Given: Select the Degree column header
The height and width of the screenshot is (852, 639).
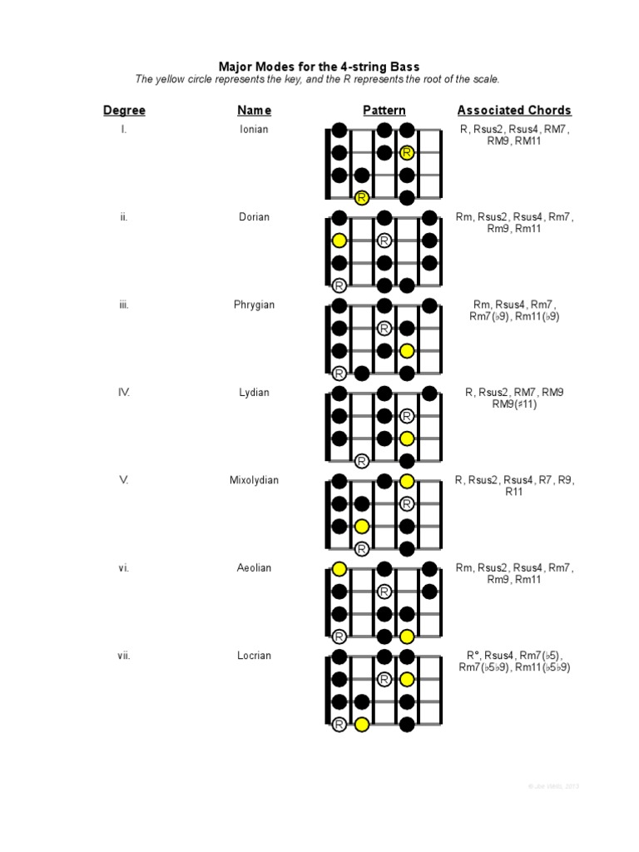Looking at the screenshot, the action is (x=124, y=110).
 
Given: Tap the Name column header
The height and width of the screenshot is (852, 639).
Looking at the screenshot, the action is (x=254, y=110).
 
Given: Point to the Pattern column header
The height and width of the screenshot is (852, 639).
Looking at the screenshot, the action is (x=384, y=110).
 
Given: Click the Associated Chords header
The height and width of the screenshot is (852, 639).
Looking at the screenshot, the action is (x=514, y=110).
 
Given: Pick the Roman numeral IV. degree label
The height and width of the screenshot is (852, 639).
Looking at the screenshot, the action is (x=124, y=393).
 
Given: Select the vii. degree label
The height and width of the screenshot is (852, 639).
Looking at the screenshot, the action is (x=124, y=656).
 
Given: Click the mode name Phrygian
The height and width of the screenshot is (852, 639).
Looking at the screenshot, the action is (x=254, y=305).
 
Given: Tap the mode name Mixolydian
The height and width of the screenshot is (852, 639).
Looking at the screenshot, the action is (x=254, y=480).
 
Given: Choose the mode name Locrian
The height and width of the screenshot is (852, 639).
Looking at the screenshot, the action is (x=254, y=656).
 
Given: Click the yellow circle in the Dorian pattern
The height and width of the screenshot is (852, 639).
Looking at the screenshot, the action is (x=339, y=240).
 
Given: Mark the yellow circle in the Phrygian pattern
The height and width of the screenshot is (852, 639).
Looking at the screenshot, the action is (x=407, y=351).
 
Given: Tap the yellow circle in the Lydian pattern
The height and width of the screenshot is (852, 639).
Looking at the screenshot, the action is (x=407, y=438).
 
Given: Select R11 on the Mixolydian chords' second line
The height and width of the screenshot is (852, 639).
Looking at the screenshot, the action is (x=514, y=492).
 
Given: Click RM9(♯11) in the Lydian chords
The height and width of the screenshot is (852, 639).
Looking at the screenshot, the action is (x=514, y=404).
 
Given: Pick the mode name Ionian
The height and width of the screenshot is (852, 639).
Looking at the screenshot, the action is (x=254, y=130).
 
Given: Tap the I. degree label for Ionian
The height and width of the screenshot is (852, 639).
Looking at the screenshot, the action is (x=124, y=130).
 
